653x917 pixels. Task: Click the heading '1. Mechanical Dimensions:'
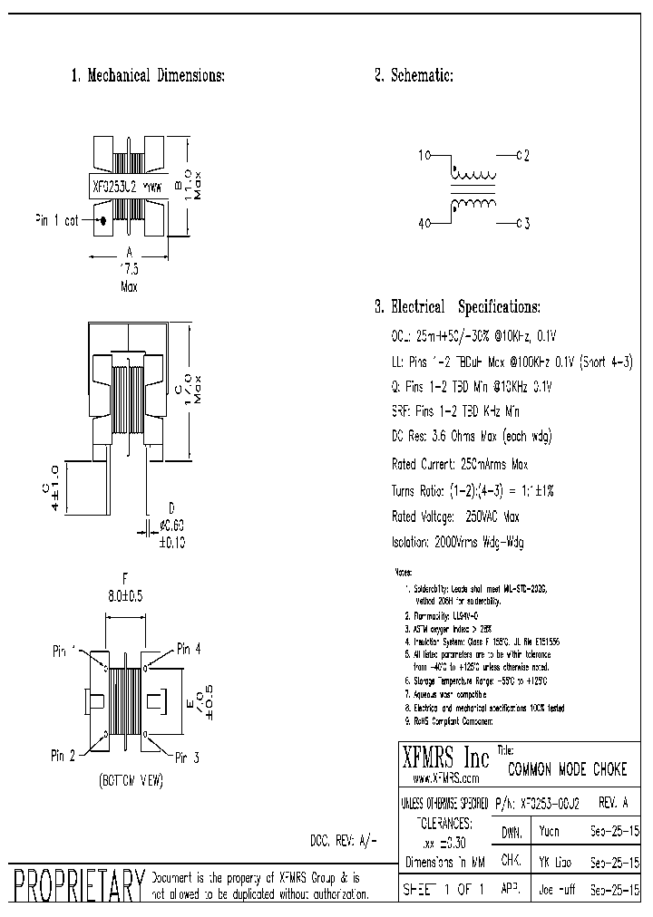(x=148, y=77)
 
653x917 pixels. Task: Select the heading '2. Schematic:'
(x=414, y=77)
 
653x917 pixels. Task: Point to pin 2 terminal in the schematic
(x=519, y=156)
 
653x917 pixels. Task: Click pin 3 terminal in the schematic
(x=519, y=222)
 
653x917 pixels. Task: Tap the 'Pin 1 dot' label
(x=57, y=220)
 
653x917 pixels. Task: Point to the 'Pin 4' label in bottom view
(x=189, y=648)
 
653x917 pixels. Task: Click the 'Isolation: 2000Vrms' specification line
(x=457, y=542)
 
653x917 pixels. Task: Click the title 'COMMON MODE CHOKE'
(x=566, y=769)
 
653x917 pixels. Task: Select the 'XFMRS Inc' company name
(x=444, y=757)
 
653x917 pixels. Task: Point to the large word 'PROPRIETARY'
(x=76, y=885)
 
